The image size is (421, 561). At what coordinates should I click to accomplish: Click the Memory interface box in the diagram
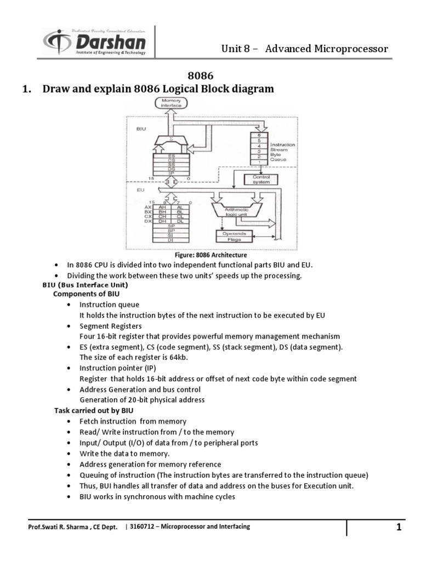(172, 102)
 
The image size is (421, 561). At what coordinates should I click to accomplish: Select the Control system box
(260, 180)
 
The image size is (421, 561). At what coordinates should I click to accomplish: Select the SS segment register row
(172, 164)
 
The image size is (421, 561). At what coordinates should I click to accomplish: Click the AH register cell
(162, 208)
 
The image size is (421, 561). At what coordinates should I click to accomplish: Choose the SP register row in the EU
(172, 226)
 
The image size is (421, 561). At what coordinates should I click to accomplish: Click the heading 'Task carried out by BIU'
(93, 410)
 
